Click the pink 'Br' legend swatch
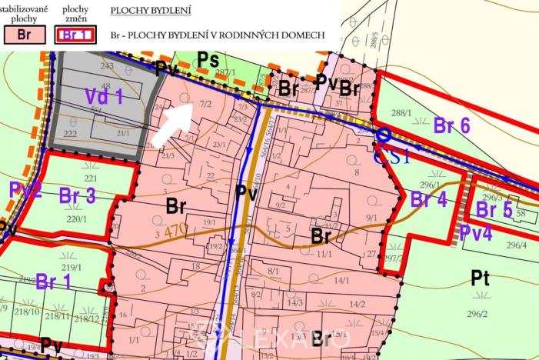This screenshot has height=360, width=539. click(22, 35)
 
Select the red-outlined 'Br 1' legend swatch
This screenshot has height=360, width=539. click(74, 35)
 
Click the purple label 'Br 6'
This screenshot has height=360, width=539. click(451, 125)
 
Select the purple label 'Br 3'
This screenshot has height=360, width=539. click(77, 197)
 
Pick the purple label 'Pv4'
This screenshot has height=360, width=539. click(476, 232)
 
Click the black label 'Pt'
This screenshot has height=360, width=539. click(480, 278)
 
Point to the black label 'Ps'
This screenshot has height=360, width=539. click(208, 59)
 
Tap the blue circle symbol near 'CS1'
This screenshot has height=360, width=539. click(382, 135)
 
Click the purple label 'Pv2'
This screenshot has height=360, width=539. click(25, 190)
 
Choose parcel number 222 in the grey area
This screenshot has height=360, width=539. click(71, 133)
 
